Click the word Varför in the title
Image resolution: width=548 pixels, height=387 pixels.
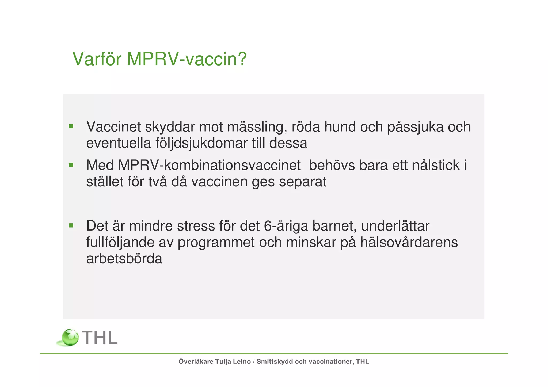(x=97, y=59)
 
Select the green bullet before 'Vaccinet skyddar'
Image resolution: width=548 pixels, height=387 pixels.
(x=71, y=126)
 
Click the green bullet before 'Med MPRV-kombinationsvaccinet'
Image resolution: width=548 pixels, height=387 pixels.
(x=71, y=165)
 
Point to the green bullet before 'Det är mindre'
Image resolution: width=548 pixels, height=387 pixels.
(x=71, y=225)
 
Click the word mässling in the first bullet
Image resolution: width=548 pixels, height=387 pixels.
(x=257, y=127)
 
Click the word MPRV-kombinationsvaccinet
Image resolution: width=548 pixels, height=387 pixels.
(x=209, y=165)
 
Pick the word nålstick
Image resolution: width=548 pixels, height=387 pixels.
(x=436, y=165)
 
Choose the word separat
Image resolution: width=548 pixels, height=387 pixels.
(x=303, y=182)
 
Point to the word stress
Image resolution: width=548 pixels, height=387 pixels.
(x=196, y=226)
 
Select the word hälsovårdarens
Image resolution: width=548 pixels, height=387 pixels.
(x=409, y=242)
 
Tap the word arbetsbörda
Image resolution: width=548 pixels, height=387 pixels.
(x=124, y=259)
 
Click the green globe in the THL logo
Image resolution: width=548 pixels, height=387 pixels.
(x=70, y=338)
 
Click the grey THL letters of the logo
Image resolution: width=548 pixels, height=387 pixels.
(x=100, y=338)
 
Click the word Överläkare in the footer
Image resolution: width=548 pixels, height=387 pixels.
(x=196, y=362)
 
